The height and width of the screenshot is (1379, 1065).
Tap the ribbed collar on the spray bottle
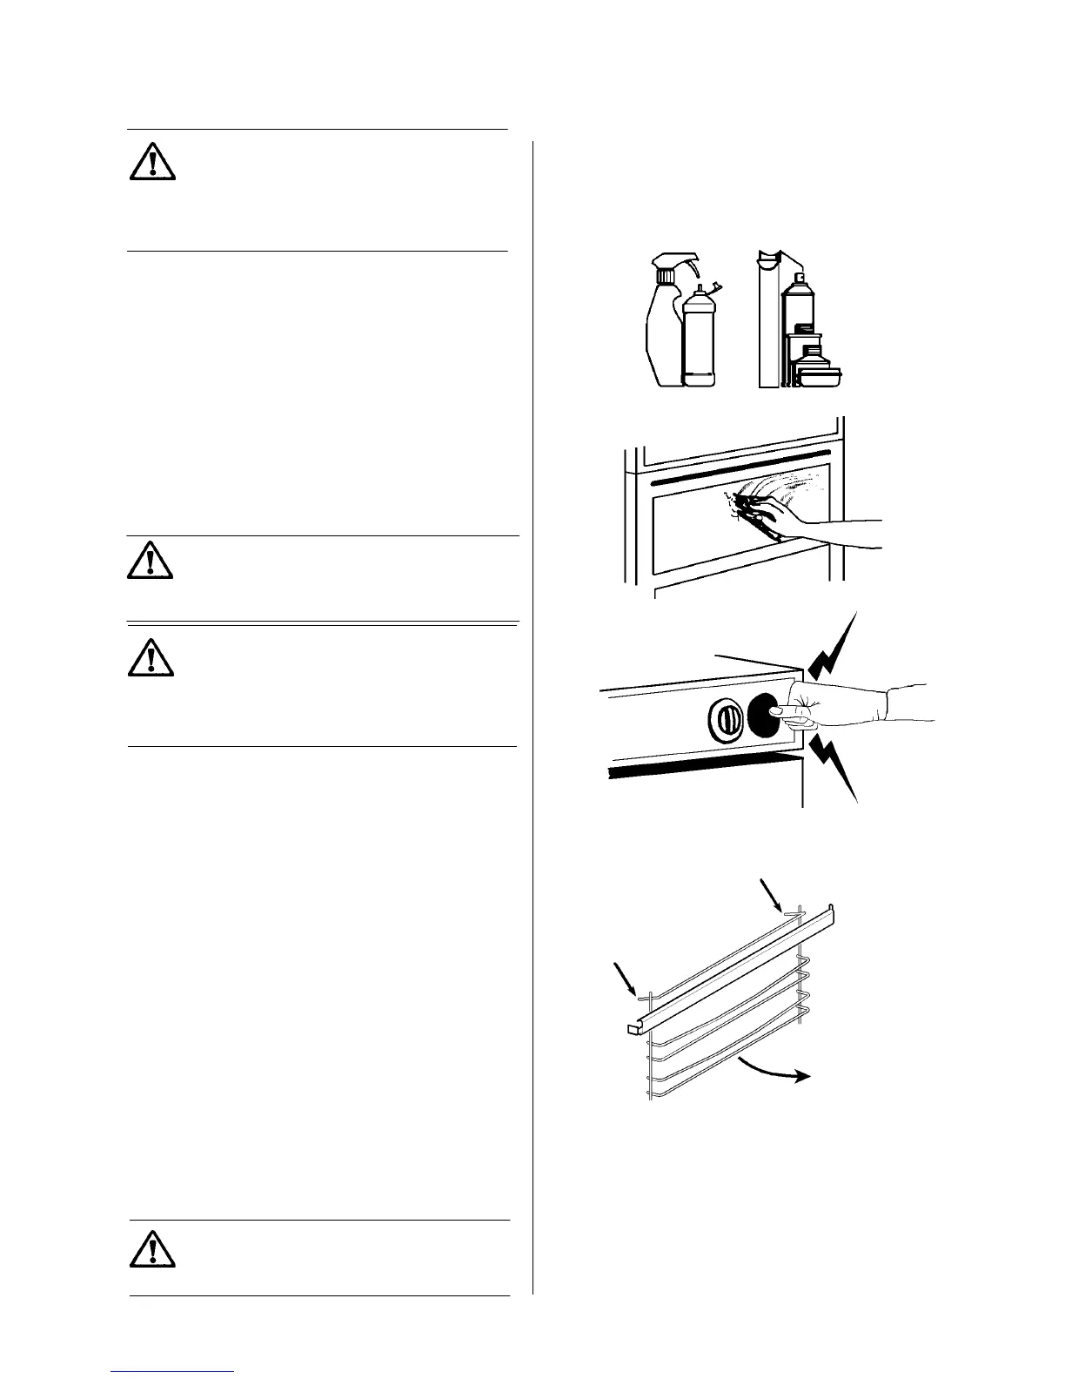pos(664,276)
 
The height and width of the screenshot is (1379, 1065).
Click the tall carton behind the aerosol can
pos(770,322)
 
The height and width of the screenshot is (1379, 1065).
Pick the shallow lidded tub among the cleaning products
pos(822,377)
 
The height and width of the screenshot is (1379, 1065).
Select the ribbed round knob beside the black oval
pos(725,716)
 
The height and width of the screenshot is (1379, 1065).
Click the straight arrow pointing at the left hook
pos(626,976)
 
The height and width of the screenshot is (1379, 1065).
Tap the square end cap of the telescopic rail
pos(632,1030)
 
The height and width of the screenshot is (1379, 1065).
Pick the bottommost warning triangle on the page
pos(152,1248)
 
